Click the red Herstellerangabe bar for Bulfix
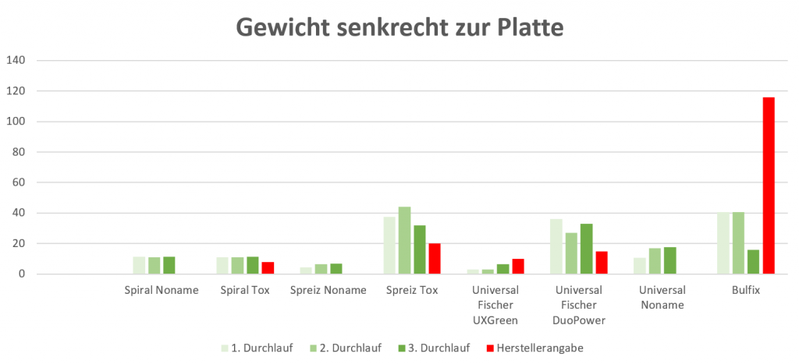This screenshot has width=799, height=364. (769, 186)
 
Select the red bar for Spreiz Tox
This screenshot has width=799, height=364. (435, 259)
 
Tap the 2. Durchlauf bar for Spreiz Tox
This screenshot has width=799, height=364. (404, 240)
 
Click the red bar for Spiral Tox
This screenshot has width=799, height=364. (268, 268)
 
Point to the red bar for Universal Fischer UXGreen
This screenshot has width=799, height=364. (518, 267)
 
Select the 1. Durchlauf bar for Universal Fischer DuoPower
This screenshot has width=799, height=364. (556, 246)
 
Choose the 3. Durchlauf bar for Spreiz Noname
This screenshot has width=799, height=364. (336, 269)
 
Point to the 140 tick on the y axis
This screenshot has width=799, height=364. (16, 60)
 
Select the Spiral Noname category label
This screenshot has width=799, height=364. (162, 290)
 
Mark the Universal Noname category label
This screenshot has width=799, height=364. (662, 297)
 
